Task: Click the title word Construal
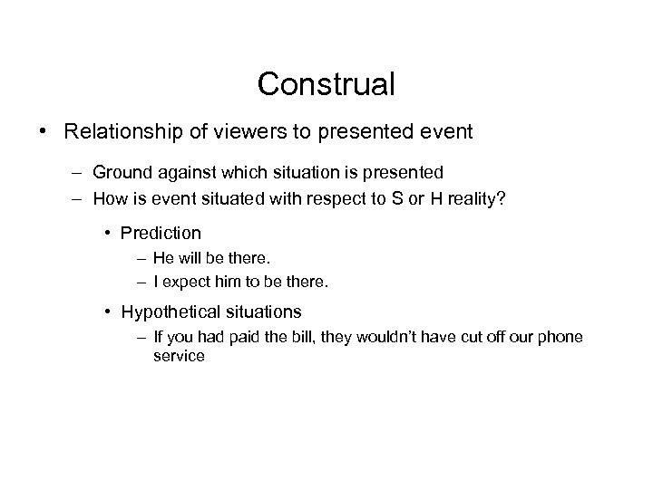tap(326, 84)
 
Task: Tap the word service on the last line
tap(179, 357)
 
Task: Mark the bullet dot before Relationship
tap(44, 132)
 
